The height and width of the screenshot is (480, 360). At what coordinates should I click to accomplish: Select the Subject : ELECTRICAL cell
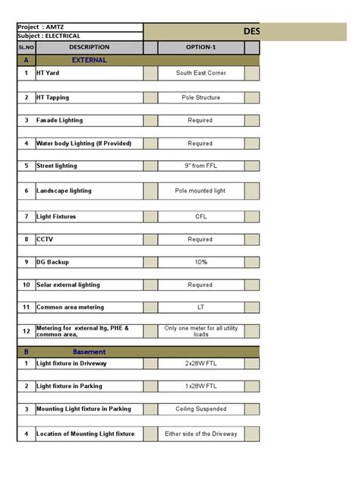[79, 36]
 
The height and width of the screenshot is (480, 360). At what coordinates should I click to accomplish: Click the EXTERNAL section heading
[89, 59]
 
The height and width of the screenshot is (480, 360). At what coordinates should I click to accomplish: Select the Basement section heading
[89, 352]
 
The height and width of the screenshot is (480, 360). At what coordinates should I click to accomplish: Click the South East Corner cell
[201, 74]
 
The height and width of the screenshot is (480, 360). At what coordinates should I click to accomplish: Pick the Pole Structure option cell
[201, 98]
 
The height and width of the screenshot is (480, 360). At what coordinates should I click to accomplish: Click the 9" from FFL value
[201, 165]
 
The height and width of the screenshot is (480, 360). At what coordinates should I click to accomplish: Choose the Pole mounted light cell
[201, 191]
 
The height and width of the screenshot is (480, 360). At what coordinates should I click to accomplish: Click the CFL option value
[201, 216]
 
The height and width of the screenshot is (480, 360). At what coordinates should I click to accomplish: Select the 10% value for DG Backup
[201, 262]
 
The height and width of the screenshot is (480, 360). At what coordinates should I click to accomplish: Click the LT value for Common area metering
[201, 308]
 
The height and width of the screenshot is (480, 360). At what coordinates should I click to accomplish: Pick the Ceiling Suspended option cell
[201, 409]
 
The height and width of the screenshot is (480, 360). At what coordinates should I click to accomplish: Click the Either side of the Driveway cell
[201, 434]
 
